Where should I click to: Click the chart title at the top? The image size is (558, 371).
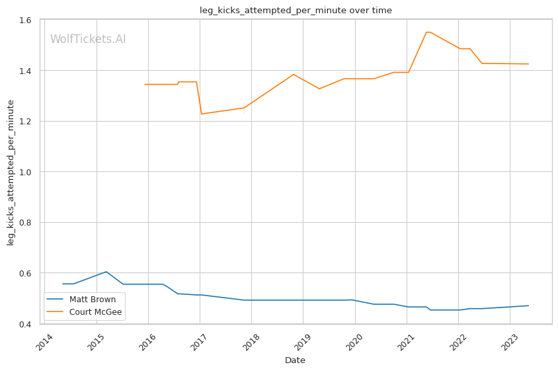[x=296, y=11]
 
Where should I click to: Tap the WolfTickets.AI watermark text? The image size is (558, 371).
[x=88, y=39]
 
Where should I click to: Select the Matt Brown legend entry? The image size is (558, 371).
[x=87, y=300]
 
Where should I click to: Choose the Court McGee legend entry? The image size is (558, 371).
[x=91, y=312]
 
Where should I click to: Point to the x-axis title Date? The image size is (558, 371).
[x=295, y=360]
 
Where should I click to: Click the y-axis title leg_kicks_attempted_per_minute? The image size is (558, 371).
[x=11, y=172]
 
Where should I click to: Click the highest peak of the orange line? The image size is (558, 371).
[x=428, y=32]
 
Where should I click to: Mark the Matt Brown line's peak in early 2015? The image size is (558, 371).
[x=106, y=272]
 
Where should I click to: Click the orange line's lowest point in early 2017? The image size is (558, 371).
[x=201, y=114]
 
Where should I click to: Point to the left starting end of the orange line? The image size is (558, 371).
[x=145, y=84]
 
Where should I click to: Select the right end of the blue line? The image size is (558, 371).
[x=528, y=306]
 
